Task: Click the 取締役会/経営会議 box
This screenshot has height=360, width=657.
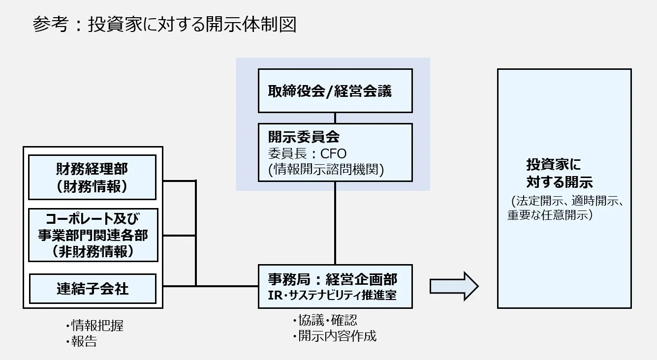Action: tap(335, 91)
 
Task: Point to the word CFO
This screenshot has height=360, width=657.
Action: tap(334, 153)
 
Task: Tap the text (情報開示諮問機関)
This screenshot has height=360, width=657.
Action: tap(326, 170)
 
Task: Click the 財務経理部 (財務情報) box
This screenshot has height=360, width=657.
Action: tap(93, 177)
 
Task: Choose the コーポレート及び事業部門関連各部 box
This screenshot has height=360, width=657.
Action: tap(93, 235)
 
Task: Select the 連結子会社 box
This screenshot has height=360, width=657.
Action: tap(93, 288)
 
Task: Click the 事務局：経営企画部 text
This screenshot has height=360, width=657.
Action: tap(332, 279)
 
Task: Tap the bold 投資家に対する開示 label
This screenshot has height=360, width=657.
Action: tap(560, 173)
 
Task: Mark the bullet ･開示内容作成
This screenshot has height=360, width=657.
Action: tap(334, 336)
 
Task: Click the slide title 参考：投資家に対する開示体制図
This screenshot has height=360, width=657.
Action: tap(165, 24)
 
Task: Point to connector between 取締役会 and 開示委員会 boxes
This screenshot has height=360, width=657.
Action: tap(335, 118)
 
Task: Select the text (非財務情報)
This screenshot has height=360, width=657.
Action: tap(93, 252)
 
